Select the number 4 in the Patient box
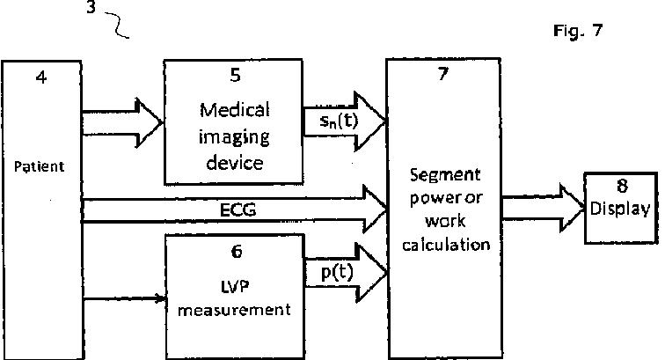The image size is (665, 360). pyautogui.click(x=40, y=77)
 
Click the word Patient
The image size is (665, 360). pyautogui.click(x=40, y=165)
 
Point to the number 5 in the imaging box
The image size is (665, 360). pyautogui.click(x=234, y=77)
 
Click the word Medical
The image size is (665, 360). pyautogui.click(x=235, y=111)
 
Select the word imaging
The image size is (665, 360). pyautogui.click(x=235, y=138)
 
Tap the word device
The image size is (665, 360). pyautogui.click(x=235, y=164)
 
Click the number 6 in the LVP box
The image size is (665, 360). pyautogui.click(x=235, y=251)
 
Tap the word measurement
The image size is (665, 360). pyautogui.click(x=235, y=309)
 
